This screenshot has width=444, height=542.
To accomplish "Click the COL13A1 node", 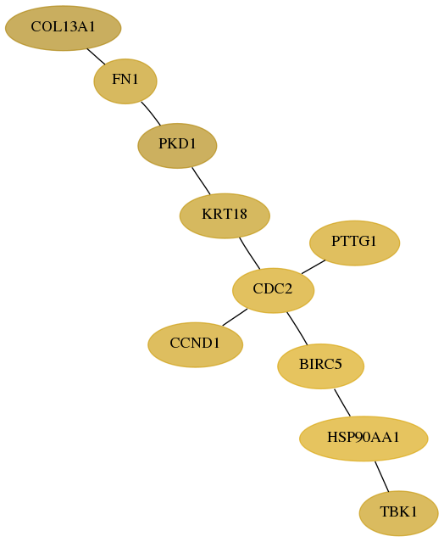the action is tap(64, 28).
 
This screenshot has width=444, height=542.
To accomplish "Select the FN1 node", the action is tap(125, 81).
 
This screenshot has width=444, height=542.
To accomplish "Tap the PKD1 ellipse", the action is tap(177, 146).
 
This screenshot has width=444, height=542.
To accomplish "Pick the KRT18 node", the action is tap(225, 215).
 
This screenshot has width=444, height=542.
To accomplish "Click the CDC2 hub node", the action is tap(273, 290).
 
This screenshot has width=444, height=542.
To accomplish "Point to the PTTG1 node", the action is tap(354, 243).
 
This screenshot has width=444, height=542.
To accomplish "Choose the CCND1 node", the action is tap(196, 344).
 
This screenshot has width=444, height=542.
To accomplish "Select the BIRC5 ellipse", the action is tap(321, 366).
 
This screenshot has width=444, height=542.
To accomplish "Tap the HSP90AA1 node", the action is tap(364, 439).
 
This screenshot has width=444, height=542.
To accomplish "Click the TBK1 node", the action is tap(399, 513).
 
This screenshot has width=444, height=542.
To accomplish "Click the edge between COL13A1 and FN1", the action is tap(96, 56).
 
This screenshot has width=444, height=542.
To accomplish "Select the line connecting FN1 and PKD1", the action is tap(151, 114).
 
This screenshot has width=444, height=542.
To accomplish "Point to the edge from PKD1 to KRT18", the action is tap(201, 181).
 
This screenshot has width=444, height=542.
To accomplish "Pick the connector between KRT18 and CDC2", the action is tap(249, 254).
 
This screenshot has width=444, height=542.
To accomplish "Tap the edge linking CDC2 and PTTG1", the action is tap(314, 267).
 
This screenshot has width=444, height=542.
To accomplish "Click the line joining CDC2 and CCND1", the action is tap(235, 317).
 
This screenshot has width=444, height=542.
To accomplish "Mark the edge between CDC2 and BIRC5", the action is tap(297, 328).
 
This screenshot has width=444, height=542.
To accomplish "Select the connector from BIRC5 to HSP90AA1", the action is tap(342, 403).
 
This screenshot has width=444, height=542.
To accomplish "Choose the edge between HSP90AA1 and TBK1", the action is tap(382, 477).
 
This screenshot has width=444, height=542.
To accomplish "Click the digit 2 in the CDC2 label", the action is tap(289, 289).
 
